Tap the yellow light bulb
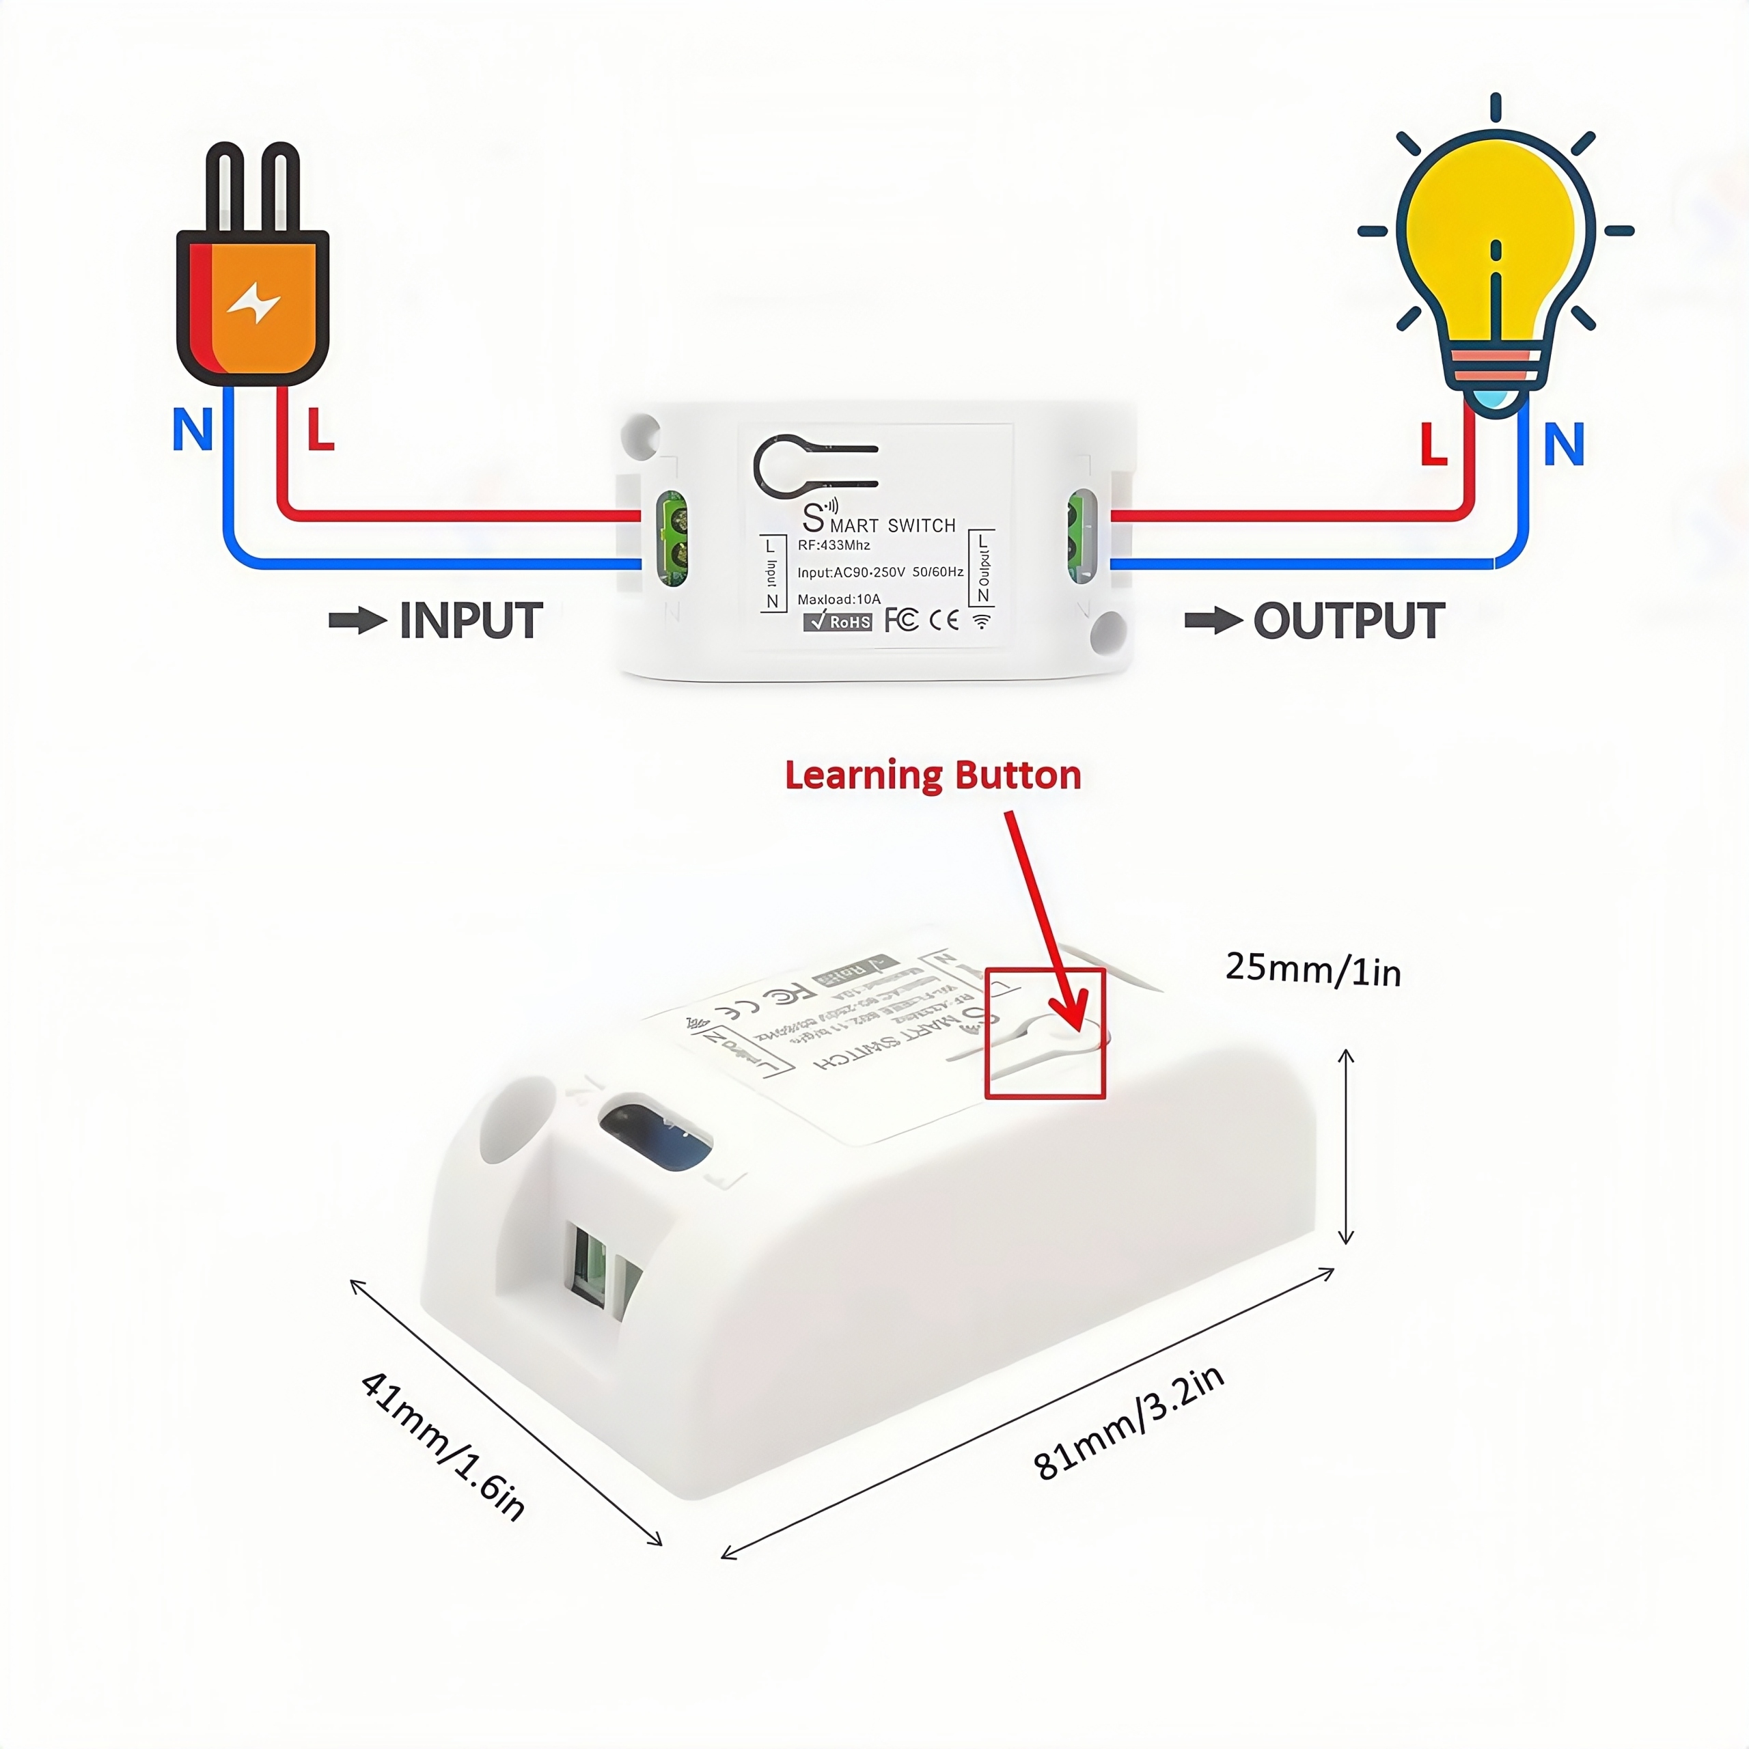[1496, 236]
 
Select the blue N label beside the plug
[193, 430]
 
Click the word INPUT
[471, 621]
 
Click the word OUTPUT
[1348, 621]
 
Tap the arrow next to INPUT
[357, 621]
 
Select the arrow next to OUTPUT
[1213, 621]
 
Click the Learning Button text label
[933, 776]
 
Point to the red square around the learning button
[1045, 1033]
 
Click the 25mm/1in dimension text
[1312, 969]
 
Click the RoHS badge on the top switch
[838, 622]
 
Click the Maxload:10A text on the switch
[838, 599]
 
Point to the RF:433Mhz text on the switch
[834, 545]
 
